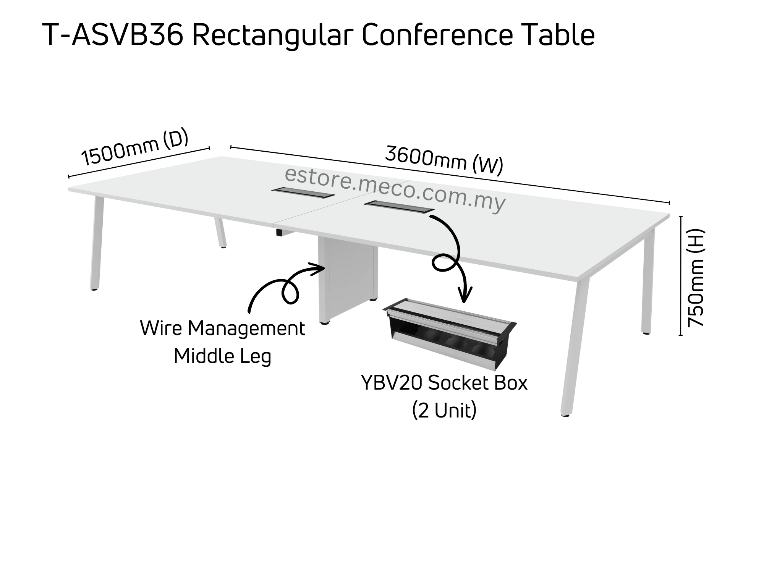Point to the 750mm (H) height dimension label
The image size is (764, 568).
(x=696, y=278)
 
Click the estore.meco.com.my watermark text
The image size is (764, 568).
(x=395, y=189)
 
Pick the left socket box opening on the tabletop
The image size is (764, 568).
(x=303, y=193)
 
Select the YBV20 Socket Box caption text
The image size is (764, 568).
(x=444, y=383)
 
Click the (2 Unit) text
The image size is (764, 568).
(x=444, y=411)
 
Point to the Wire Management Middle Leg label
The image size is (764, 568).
(x=223, y=342)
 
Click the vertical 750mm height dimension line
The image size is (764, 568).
(x=681, y=275)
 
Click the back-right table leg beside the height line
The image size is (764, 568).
(x=648, y=283)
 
